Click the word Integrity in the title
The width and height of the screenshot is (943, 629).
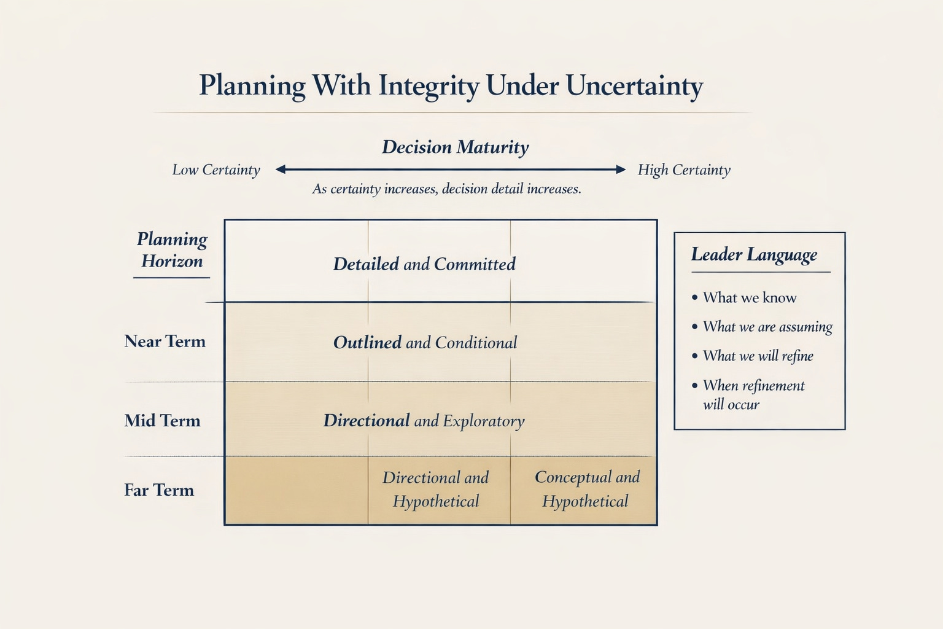coord(428,85)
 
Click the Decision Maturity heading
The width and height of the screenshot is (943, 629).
coord(455,147)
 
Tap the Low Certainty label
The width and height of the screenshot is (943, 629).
coord(216,170)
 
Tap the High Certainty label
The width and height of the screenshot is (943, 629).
coord(684,170)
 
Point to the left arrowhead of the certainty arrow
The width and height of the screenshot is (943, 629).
coord(281,170)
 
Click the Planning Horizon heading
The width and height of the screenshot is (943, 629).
coord(172,250)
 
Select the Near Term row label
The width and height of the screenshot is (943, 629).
coord(165,342)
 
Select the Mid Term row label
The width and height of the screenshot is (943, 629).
coord(162,421)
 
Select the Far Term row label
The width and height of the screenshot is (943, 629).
coord(159,490)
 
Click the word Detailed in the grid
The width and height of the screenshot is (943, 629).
coord(366,264)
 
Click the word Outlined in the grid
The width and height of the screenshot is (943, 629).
coord(367,343)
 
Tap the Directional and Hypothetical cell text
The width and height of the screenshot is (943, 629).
coord(436,489)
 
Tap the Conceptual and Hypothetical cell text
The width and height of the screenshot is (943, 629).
coord(586,489)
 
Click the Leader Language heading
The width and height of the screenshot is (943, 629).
coord(754,255)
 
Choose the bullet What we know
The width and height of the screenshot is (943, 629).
coord(750,298)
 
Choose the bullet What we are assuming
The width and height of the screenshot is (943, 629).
coord(767,327)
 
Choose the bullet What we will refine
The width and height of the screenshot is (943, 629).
coord(758,356)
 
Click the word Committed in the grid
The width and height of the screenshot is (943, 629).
coord(475,264)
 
